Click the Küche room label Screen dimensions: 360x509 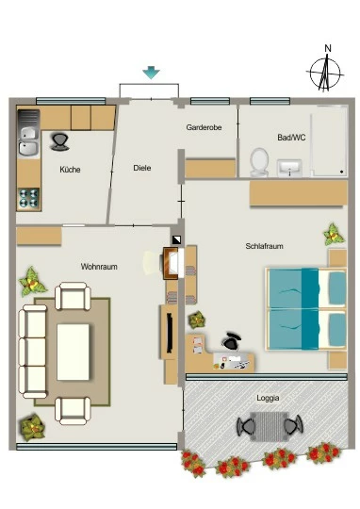coord(70,170)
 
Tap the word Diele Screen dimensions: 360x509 coord(142,168)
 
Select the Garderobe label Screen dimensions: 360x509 coord(204,127)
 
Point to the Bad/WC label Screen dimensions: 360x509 coord(291,138)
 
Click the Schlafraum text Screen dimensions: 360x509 coord(264,246)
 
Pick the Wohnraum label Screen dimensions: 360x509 coord(99,267)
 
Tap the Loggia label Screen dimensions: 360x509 coord(268,398)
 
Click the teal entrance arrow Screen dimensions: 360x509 coord(152,73)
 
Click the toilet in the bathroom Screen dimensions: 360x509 coord(259,162)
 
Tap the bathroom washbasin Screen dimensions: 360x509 coord(289,168)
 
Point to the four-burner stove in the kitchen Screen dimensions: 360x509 coord(29,199)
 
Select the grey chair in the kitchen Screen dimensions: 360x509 coord(60,142)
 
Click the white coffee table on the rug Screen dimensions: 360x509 coord(74,352)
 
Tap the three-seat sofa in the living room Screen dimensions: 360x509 coord(33,352)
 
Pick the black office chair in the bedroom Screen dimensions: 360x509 coord(231,341)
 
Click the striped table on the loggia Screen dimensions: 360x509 coord(269,426)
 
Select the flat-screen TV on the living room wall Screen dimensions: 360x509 coord(169,333)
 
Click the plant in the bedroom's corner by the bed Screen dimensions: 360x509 coord(334,234)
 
